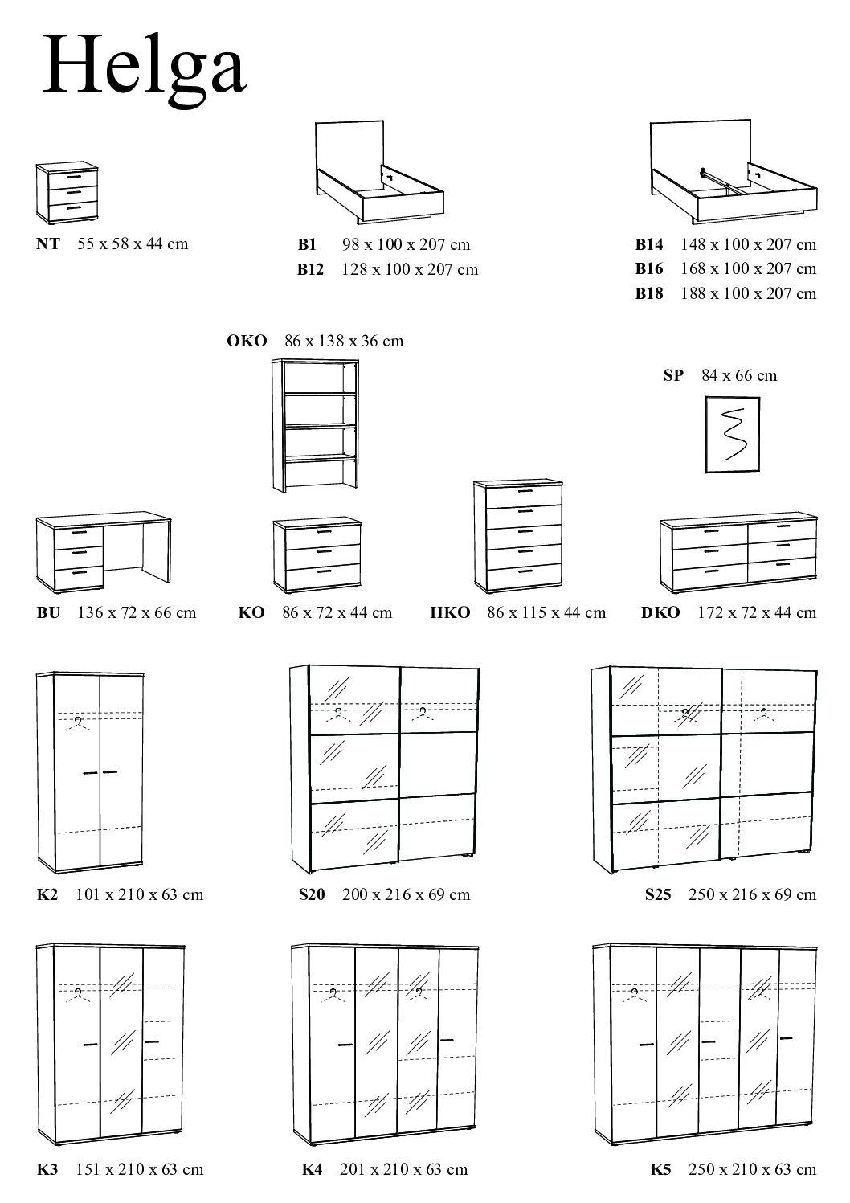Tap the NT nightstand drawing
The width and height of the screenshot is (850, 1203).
(x=67, y=193)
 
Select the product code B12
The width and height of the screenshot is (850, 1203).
(x=310, y=269)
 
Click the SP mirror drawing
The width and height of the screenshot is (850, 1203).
(x=732, y=434)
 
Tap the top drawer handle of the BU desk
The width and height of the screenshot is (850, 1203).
(x=78, y=532)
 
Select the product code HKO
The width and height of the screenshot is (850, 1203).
(x=451, y=612)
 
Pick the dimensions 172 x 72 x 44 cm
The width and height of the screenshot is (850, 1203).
(x=756, y=612)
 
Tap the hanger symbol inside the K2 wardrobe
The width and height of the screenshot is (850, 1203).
(x=77, y=722)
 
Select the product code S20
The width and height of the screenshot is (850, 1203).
(x=311, y=894)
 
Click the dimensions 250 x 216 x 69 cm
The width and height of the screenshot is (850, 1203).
(x=752, y=894)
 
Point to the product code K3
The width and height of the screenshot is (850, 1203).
(x=47, y=1169)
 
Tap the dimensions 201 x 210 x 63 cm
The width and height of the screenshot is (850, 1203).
(x=403, y=1169)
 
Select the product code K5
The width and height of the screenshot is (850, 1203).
(x=661, y=1169)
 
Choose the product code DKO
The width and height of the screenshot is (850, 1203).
(x=660, y=612)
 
